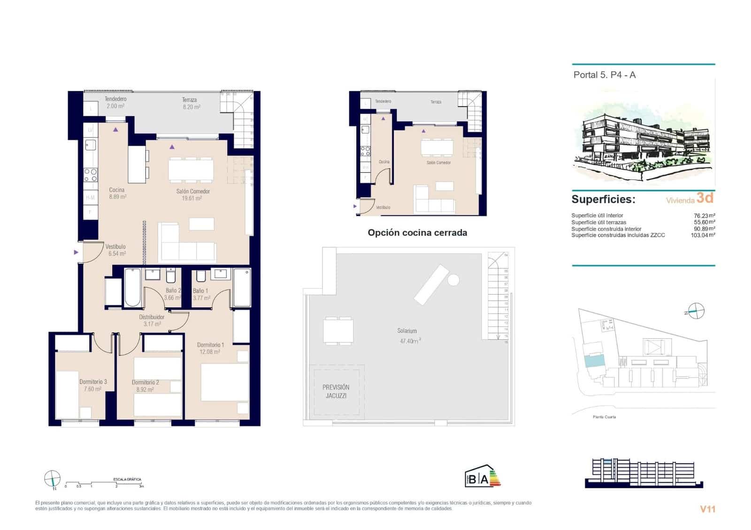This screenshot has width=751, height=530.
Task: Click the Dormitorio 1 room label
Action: pyautogui.click(x=210, y=345)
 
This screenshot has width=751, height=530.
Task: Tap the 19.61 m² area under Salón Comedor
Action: pyautogui.click(x=192, y=198)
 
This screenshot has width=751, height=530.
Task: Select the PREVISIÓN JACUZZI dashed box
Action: pyautogui.click(x=336, y=391)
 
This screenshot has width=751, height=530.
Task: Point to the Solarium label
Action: pyautogui.click(x=407, y=331)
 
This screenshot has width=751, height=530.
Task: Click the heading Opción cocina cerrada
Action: pyautogui.click(x=417, y=233)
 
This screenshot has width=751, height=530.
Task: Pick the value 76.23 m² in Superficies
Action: pyautogui.click(x=704, y=216)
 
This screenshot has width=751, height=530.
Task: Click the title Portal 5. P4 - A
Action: pyautogui.click(x=604, y=75)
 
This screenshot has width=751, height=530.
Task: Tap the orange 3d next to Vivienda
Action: pyautogui.click(x=705, y=198)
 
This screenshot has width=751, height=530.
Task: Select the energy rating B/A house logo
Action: pyautogui.click(x=482, y=477)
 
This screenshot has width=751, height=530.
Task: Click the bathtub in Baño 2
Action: pyautogui.click(x=133, y=288)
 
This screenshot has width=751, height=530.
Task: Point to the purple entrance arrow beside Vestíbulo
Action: pyautogui.click(x=76, y=252)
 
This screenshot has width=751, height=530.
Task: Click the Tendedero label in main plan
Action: pyautogui.click(x=115, y=99)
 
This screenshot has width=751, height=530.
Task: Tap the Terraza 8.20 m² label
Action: pyautogui.click(x=191, y=103)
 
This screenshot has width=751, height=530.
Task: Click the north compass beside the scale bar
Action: pyautogui.click(x=52, y=478)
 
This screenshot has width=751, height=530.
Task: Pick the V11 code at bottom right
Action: pyautogui.click(x=707, y=509)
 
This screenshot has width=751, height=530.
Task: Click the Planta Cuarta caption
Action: pyautogui.click(x=604, y=417)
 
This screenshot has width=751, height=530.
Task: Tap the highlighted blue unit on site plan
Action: pyautogui.click(x=594, y=361)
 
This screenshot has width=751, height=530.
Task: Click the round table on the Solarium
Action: pyautogui.click(x=453, y=280)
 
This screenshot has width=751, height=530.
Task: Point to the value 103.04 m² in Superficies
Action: pyautogui.click(x=703, y=235)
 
